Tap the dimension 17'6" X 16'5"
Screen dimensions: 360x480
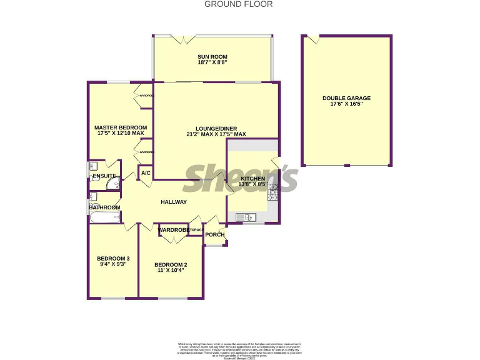pyautogui.click(x=346, y=104)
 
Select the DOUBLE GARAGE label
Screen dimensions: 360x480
pyautogui.click(x=346, y=98)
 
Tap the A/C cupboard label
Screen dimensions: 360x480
pyautogui.click(x=145, y=173)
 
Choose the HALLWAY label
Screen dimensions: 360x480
pyautogui.click(x=174, y=202)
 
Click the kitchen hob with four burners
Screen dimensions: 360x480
pyautogui.click(x=272, y=191)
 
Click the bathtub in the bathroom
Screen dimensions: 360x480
pyautogui.click(x=104, y=217)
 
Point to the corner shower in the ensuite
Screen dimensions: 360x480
pyautogui.click(x=112, y=184)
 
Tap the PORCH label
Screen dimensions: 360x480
pyautogui.click(x=214, y=235)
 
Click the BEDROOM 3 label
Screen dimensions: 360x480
pyautogui.click(x=113, y=258)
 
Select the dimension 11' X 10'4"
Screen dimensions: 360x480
pyautogui.click(x=171, y=271)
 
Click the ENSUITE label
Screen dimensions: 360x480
pyautogui.click(x=104, y=176)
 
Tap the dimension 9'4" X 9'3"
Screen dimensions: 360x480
pyautogui.click(x=113, y=264)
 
